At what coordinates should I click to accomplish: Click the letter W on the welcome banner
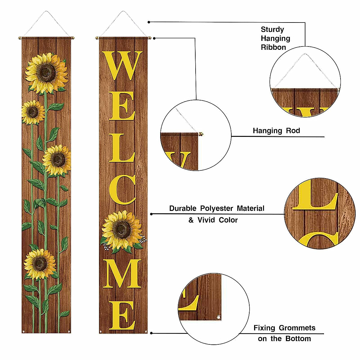pos(123,65)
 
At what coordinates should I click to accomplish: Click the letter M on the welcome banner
pos(123,274)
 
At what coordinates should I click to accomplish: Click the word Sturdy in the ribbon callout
pos(272,29)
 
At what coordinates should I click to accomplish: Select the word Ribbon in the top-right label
pos(273,47)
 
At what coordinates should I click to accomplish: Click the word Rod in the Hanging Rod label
pos(293,130)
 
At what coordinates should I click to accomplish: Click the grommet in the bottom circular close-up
pos(219,316)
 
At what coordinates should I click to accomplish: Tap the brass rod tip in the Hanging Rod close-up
pos(200,134)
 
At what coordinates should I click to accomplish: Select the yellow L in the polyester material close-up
pos(315,198)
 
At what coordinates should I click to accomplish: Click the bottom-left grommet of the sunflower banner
pos(24,331)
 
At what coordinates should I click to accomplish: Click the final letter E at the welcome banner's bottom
pos(122,316)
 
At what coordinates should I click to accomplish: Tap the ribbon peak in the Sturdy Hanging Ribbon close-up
pos(305,55)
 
